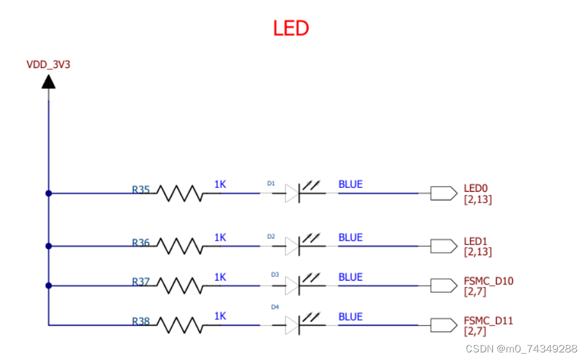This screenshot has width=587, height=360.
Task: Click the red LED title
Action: point(291,28)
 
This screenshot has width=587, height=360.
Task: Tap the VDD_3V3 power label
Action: point(48,65)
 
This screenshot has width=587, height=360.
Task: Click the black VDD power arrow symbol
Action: point(48,81)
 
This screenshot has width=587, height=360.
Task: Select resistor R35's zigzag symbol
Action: point(180,193)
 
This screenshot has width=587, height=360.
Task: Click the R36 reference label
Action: point(141,243)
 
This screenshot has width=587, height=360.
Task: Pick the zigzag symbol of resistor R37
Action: point(180,286)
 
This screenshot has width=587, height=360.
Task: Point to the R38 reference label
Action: point(141,321)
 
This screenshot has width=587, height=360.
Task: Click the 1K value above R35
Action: point(220,184)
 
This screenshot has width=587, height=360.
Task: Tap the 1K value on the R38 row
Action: point(220,316)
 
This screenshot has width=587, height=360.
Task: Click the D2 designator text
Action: point(271,236)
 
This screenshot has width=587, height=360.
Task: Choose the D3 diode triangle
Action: point(292,286)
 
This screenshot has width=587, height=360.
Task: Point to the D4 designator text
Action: point(275,307)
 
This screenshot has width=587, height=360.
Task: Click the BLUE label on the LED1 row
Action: point(351,237)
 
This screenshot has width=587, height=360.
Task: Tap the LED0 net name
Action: point(475,188)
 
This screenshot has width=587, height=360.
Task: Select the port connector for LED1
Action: point(443,246)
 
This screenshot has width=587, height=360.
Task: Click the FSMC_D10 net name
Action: point(489,281)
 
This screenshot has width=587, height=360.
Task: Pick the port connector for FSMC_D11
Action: point(443,325)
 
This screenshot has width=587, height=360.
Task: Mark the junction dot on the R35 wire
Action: point(49,193)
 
